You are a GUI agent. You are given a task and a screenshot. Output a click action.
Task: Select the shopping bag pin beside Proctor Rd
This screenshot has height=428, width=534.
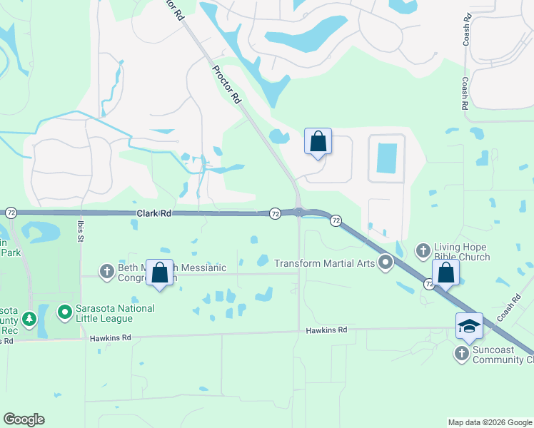point(318,141)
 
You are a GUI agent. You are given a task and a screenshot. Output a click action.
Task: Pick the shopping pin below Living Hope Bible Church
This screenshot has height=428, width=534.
point(445,273)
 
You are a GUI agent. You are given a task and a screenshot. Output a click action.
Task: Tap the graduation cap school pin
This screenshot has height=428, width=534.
point(470,326)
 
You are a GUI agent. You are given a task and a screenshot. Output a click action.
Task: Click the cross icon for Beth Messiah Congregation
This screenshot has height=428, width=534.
point(107,271)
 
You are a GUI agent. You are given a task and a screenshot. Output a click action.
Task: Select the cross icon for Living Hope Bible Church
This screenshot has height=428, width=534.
point(423,250)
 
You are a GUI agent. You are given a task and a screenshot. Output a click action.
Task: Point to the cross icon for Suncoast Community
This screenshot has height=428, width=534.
point(462,352)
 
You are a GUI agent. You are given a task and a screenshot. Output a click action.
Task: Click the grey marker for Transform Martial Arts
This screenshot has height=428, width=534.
point(386,263)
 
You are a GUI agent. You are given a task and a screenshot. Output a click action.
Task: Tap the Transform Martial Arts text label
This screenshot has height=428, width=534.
point(325,263)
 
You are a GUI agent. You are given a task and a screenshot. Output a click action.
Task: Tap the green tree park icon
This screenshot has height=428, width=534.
point(29,318)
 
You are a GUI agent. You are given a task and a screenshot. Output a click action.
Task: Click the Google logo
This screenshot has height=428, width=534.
point(24,419)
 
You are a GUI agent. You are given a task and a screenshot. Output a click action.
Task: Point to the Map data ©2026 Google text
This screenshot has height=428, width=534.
point(489,422)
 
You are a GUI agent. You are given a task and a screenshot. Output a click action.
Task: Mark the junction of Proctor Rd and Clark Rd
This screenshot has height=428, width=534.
point(298,211)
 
